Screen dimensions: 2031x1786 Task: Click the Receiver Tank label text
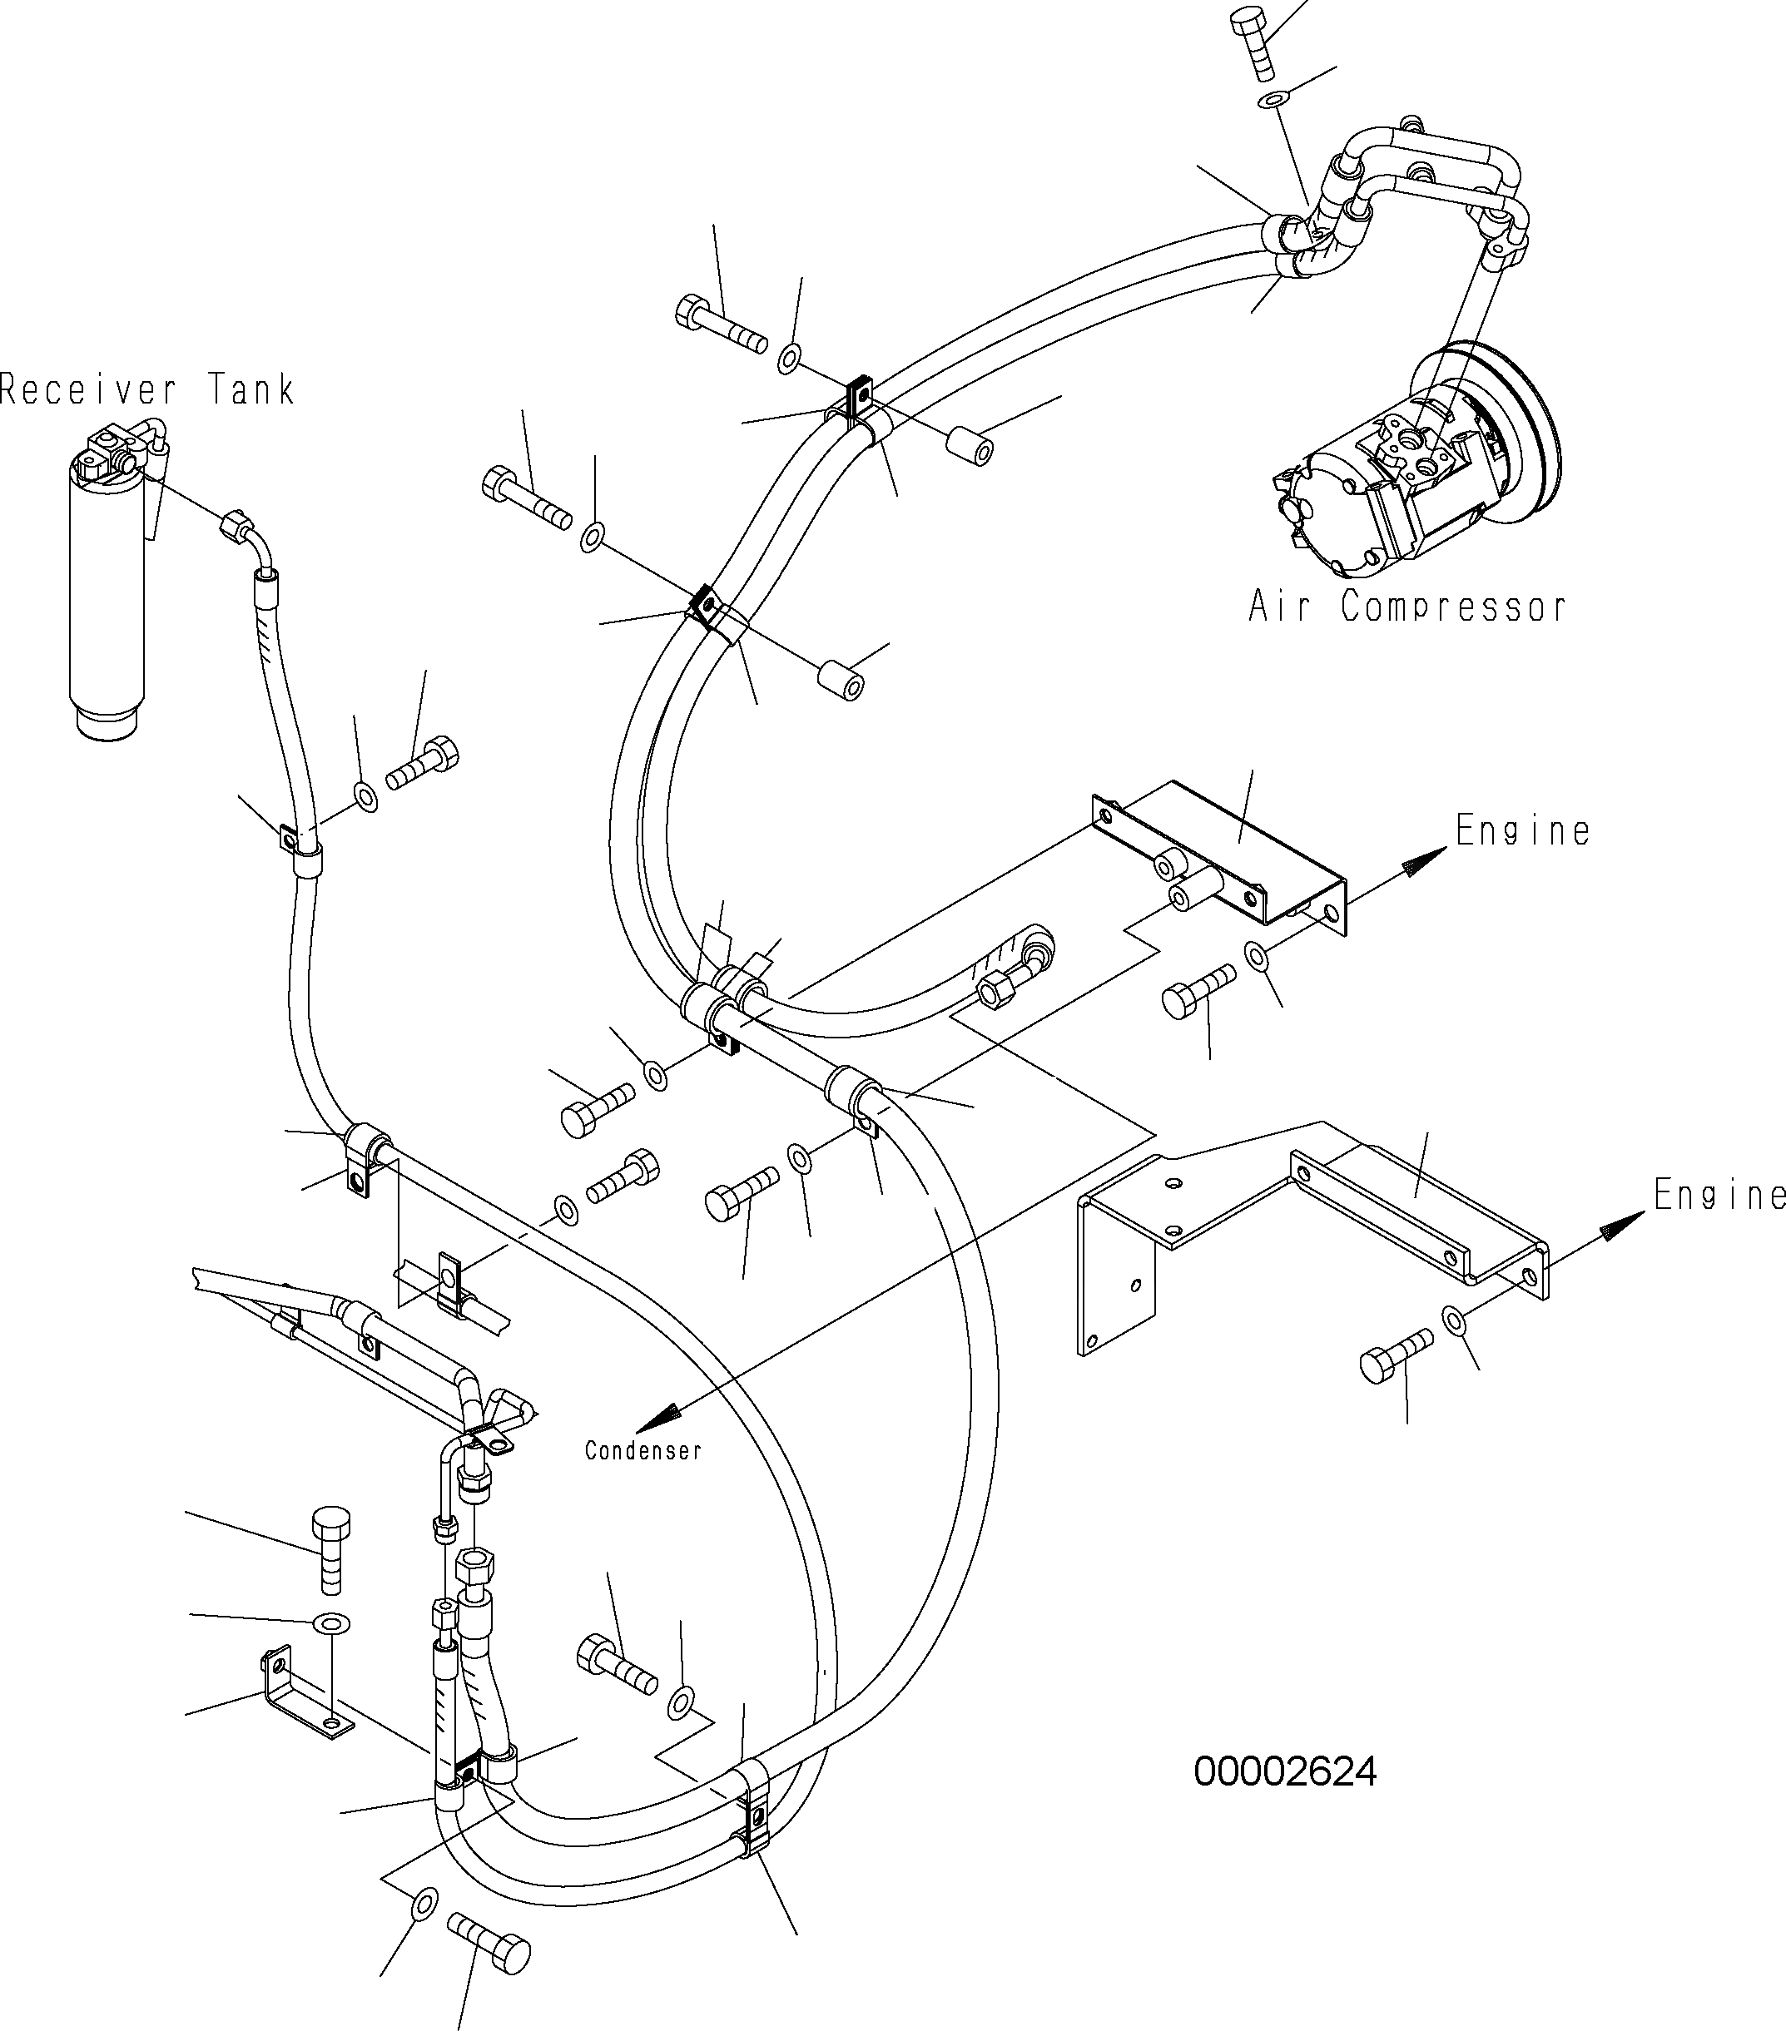tap(147, 389)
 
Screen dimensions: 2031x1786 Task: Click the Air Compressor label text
tap(1406, 605)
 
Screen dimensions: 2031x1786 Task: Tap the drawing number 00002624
tap(1284, 1771)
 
